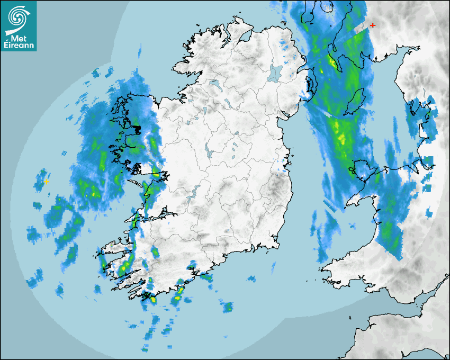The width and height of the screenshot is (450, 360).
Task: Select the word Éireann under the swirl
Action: pyautogui.click(x=19, y=46)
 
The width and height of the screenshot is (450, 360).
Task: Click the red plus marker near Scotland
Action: pyautogui.click(x=373, y=25)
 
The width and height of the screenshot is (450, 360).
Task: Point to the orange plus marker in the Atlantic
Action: pyautogui.click(x=47, y=182)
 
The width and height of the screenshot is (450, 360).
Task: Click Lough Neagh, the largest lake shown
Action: pyautogui.click(x=275, y=73)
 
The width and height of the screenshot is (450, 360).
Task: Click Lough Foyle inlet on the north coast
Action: pyautogui.click(x=245, y=38)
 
